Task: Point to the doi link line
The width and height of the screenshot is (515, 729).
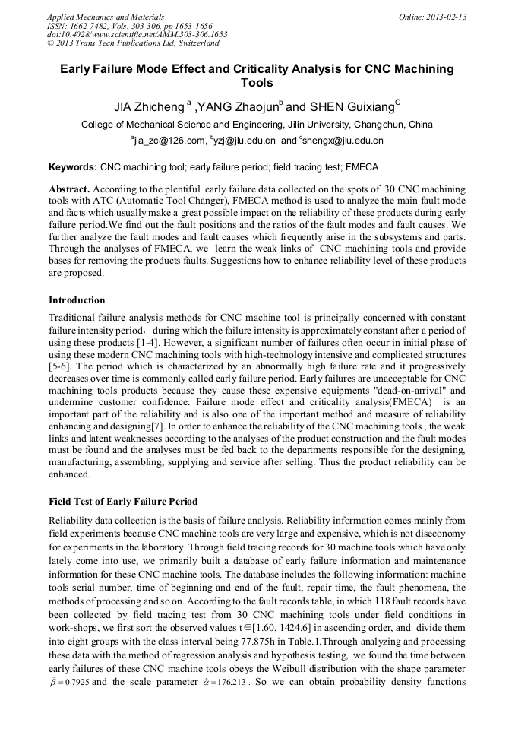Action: coord(137,35)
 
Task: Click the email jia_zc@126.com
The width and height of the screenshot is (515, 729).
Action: coord(170,141)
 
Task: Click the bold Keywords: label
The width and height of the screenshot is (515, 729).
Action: coord(72,166)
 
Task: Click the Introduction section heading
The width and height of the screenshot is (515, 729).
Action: coord(77,300)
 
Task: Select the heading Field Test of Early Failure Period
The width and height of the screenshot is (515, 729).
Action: coord(123,502)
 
